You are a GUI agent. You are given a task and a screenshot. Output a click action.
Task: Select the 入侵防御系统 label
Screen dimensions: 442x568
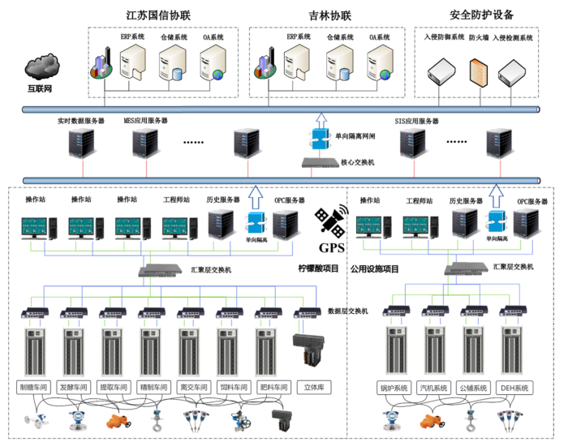pyautogui.click(x=444, y=37)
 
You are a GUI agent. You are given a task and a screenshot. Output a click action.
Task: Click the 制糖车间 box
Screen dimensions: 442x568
pyautogui.click(x=35, y=388)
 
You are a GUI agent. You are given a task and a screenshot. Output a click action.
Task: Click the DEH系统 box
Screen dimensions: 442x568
pyautogui.click(x=514, y=388)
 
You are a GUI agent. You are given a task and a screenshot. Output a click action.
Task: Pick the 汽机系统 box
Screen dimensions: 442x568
pyautogui.click(x=434, y=388)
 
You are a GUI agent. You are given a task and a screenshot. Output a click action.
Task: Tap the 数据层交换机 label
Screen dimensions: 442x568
pyautogui.click(x=348, y=311)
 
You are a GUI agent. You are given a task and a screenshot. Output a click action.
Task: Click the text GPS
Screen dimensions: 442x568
pyautogui.click(x=331, y=248)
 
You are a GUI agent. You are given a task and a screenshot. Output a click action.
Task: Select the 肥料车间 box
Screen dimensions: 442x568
pyautogui.click(x=273, y=388)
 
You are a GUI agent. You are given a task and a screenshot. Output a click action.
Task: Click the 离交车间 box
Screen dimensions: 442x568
pyautogui.click(x=194, y=388)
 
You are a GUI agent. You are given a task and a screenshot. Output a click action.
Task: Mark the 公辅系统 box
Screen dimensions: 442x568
pyautogui.click(x=473, y=388)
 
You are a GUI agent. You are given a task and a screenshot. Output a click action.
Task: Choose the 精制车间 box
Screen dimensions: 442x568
pyautogui.click(x=154, y=388)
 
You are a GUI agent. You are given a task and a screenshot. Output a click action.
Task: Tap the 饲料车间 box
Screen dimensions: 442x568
pyautogui.click(x=234, y=388)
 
